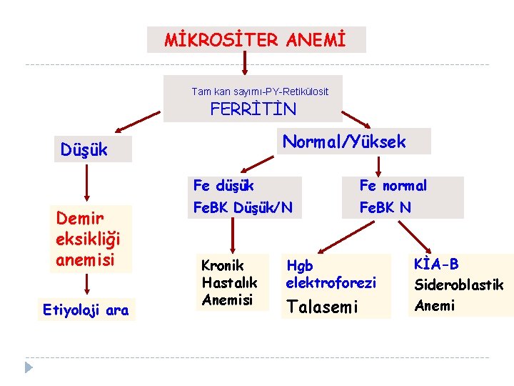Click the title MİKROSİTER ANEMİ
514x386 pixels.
[255, 40]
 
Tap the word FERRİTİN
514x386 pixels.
[253, 109]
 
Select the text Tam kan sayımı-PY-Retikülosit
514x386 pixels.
[260, 91]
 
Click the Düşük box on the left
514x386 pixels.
[84, 150]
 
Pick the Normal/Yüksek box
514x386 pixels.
[344, 142]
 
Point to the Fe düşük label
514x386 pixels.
[223, 186]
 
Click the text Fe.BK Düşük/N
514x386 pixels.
[242, 207]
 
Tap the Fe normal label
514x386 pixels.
[393, 186]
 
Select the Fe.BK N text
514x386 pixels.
[385, 207]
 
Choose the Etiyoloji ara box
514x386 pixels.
[86, 310]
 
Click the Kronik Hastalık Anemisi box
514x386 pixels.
[229, 282]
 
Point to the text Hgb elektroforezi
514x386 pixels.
[331, 274]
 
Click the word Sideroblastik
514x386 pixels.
[459, 284]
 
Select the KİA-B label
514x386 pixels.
[436, 264]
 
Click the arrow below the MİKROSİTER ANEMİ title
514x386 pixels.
[244, 63]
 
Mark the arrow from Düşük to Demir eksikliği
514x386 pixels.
[86, 184]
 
